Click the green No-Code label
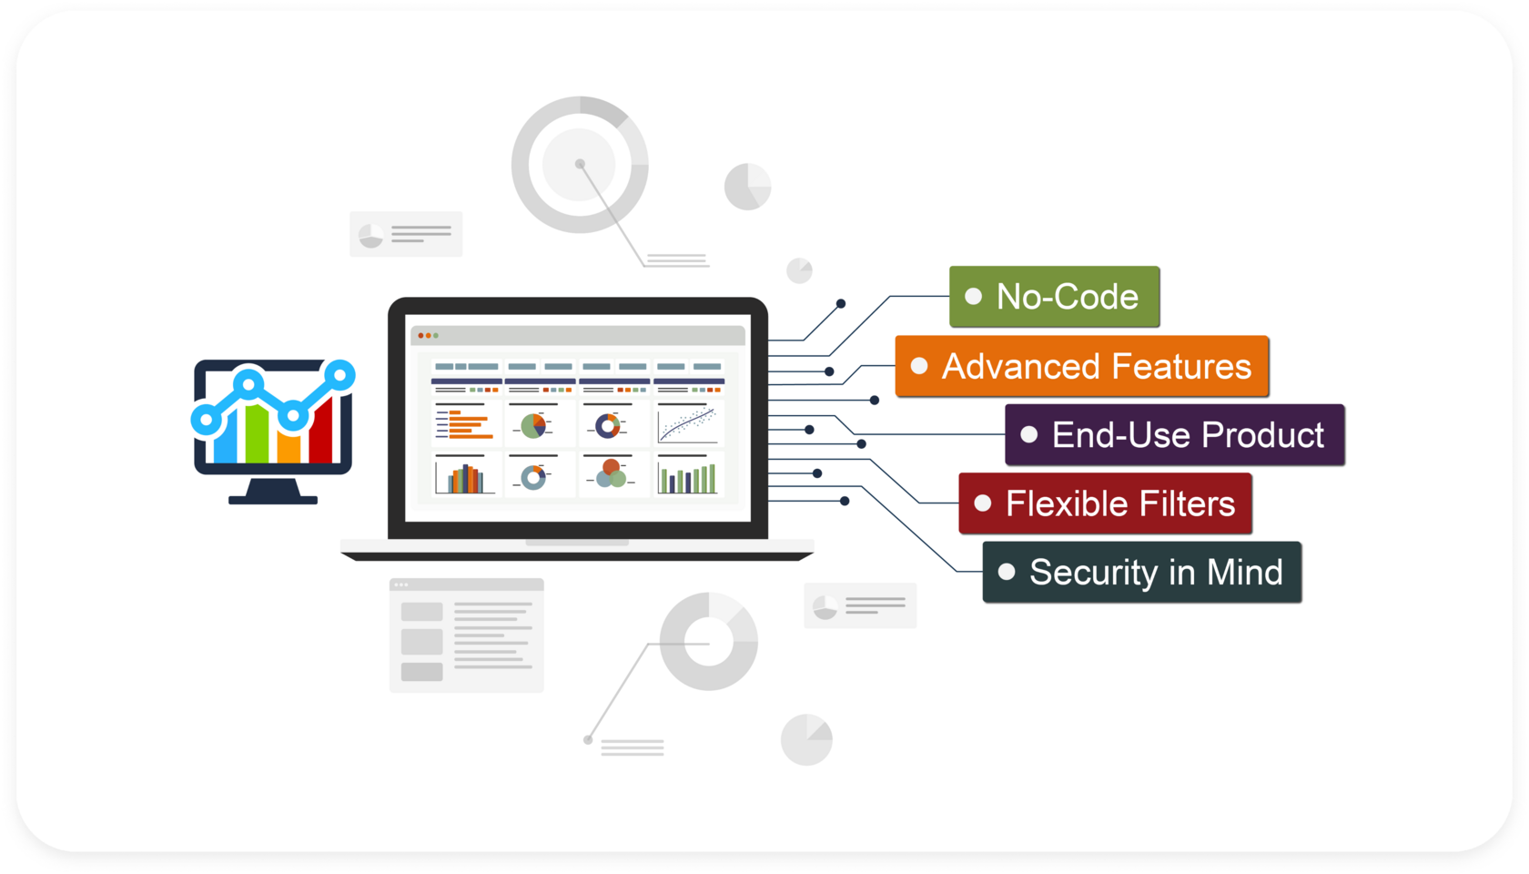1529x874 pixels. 1054,297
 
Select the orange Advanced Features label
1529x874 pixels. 1081,366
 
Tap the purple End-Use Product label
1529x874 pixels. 1174,435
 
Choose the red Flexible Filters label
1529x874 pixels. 1105,503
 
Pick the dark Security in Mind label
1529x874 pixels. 1141,573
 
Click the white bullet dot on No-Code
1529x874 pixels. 973,297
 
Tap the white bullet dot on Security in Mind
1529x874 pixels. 1007,573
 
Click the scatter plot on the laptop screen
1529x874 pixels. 688,425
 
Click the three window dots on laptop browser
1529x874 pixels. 428,336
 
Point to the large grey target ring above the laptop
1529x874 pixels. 580,165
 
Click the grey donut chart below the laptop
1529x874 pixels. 709,641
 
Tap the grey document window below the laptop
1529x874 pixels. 467,635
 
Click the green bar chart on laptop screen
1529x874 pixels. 688,478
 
